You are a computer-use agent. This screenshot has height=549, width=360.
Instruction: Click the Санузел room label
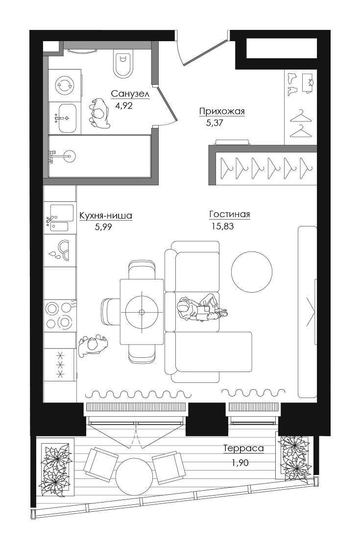tap(130, 94)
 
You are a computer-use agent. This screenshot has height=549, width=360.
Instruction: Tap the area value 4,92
tap(124, 105)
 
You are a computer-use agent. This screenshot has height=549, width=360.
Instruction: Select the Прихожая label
tap(222, 112)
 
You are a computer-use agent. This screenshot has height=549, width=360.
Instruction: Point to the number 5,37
tap(215, 123)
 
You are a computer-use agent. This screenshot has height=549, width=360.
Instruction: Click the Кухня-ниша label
tap(106, 216)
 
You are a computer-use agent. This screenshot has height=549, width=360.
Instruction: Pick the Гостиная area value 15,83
tap(222, 226)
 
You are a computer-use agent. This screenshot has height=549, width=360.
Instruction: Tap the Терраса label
tap(243, 448)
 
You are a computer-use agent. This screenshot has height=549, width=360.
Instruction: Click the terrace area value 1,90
tap(240, 463)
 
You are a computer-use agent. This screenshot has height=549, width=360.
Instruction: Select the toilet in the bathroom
tap(123, 63)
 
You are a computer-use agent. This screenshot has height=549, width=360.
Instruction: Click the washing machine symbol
tap(65, 85)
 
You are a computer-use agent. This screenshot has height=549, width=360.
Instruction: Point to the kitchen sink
tap(59, 218)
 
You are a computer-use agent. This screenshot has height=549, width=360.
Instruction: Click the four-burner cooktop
tap(59, 316)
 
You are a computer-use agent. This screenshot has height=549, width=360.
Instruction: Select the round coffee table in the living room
tap(252, 272)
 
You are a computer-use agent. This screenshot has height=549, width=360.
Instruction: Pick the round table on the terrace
tap(134, 476)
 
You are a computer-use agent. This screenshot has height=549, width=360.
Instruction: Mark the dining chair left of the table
tap(111, 312)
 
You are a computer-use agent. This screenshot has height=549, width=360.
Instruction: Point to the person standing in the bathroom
tap(99, 113)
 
